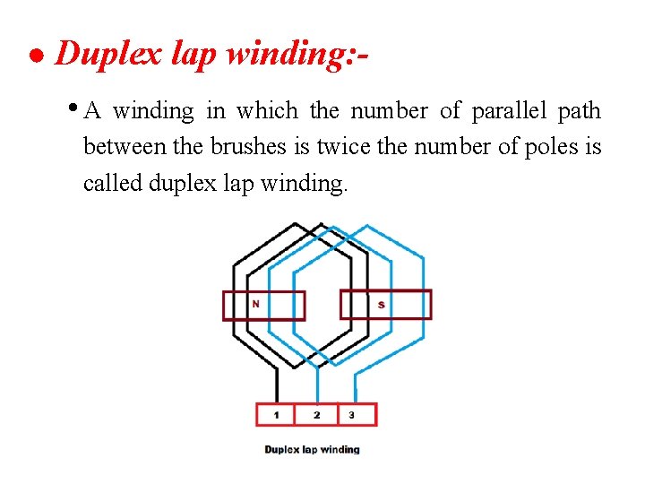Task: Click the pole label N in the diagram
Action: coord(255,304)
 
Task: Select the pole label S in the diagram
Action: coord(381,306)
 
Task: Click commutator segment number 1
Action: coord(276,415)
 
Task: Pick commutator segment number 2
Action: coord(316,415)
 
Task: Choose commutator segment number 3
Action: coord(351,415)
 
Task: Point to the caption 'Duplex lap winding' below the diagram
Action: coord(312,449)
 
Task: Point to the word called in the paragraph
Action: coord(112,183)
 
